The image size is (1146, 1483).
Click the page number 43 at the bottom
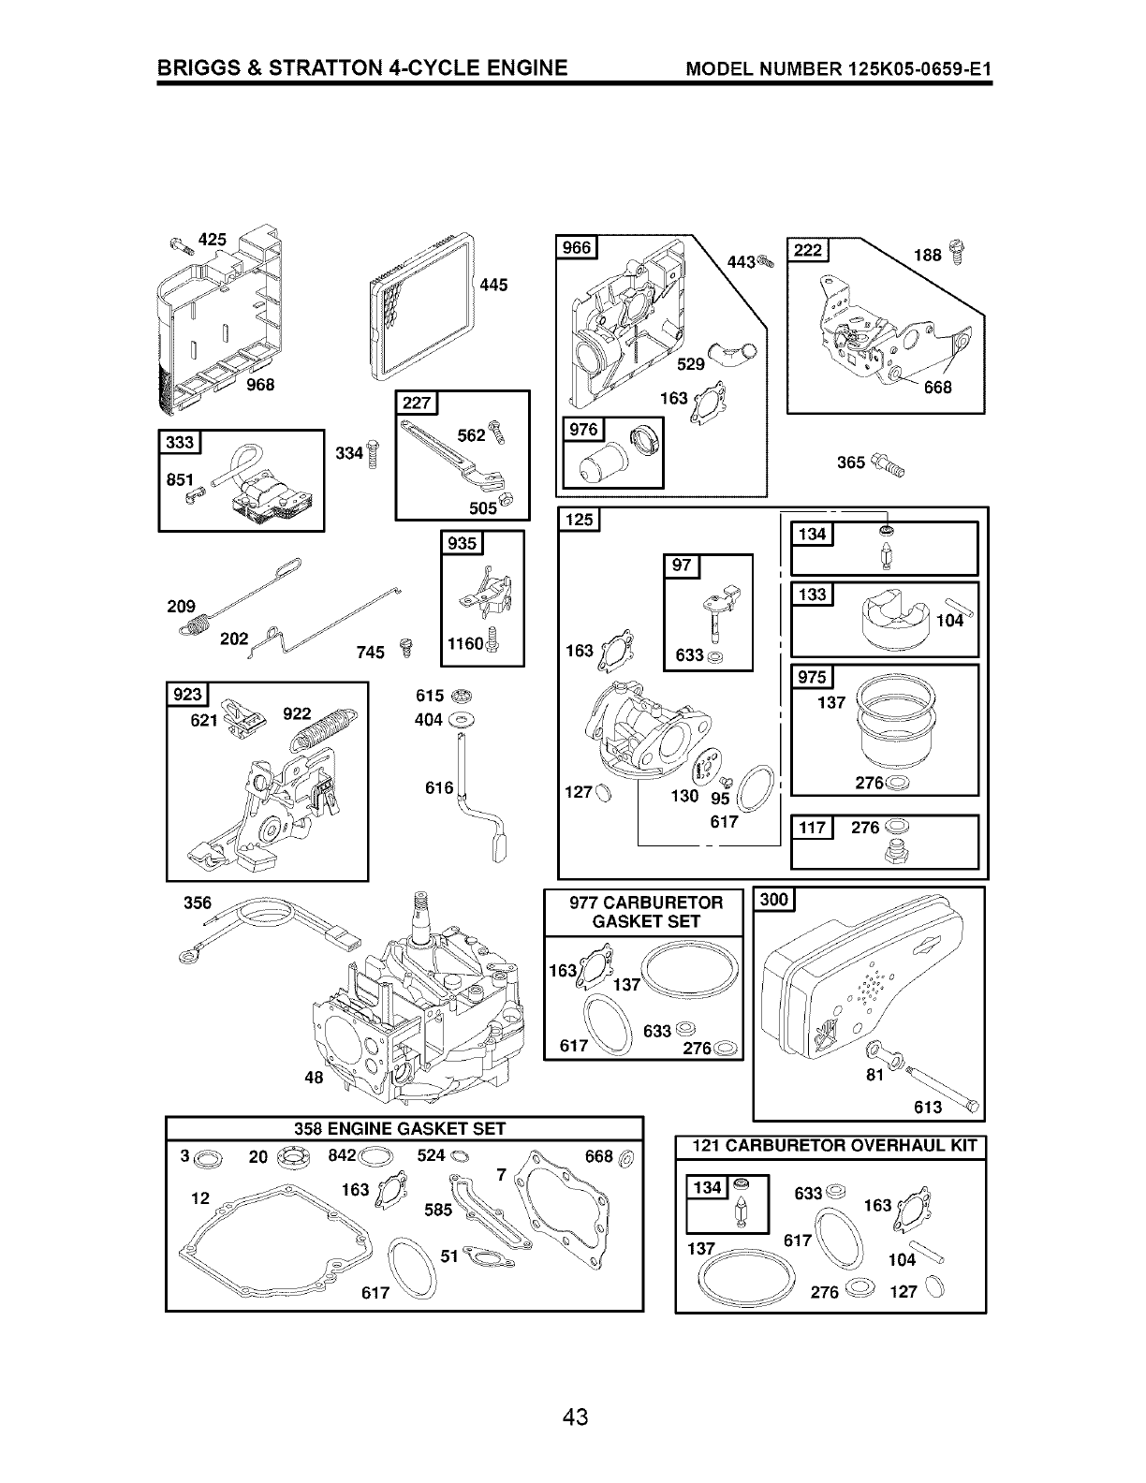tap(575, 1417)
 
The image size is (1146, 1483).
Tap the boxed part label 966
tap(577, 247)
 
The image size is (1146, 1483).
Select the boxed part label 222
tap(807, 249)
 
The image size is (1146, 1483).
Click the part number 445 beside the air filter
tap(492, 285)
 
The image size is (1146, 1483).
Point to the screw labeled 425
tap(179, 244)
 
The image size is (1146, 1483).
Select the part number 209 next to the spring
tap(181, 606)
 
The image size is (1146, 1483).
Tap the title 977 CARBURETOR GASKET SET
tap(646, 911)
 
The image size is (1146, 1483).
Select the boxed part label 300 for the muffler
tap(775, 900)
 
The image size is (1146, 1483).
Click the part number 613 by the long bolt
tap(928, 1107)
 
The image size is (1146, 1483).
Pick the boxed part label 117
tap(811, 828)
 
